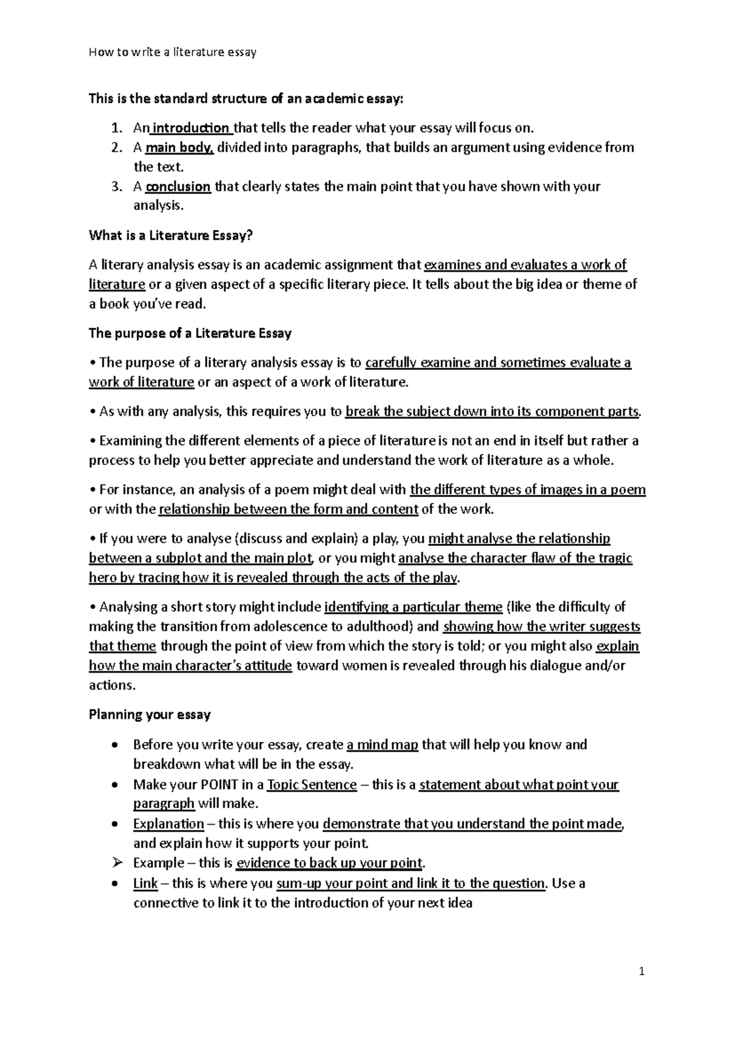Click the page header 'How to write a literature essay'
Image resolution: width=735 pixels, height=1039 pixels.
(172, 52)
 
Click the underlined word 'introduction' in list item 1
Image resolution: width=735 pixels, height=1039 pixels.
(190, 128)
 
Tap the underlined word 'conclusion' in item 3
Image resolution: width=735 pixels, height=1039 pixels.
(178, 187)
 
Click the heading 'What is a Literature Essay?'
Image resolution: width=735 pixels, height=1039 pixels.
(171, 235)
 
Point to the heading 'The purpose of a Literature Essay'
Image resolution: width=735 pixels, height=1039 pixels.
(190, 333)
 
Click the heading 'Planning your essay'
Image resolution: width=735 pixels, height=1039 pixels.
(149, 715)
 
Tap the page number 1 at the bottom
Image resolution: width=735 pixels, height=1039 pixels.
(641, 972)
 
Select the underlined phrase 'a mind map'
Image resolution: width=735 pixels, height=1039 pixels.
(382, 745)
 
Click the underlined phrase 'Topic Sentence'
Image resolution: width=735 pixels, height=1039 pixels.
(312, 785)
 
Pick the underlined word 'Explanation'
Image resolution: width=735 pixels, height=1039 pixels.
(168, 824)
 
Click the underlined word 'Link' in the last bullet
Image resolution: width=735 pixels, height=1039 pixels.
(145, 883)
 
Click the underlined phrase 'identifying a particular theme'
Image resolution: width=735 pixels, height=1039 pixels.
(413, 607)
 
